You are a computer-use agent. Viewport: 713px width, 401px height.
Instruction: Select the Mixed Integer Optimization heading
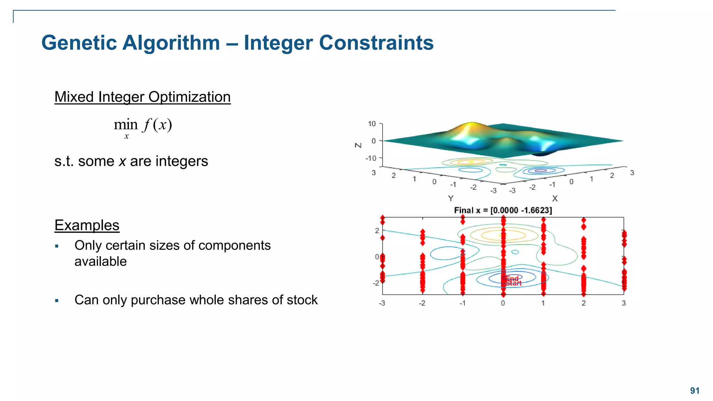142,97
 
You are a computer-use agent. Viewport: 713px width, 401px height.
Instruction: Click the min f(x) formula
143,125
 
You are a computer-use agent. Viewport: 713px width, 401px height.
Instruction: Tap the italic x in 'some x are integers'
122,162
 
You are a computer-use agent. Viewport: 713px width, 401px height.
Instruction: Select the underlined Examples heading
87,225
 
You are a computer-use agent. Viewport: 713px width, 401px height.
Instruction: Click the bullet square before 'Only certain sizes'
57,246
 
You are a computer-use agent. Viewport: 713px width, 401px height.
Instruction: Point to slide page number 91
695,391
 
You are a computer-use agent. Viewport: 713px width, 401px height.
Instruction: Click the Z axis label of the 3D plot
358,145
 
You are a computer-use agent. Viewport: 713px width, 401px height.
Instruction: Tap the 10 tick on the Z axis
372,124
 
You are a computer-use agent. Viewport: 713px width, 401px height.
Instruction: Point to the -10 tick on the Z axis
371,158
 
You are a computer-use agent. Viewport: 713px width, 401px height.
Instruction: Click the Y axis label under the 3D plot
450,198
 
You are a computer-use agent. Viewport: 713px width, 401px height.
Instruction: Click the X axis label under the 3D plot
555,198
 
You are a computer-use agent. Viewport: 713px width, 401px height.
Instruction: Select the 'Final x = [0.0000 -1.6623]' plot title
503,210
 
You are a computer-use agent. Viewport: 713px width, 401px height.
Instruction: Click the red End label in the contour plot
512,278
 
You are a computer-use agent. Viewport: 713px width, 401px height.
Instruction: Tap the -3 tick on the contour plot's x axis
382,303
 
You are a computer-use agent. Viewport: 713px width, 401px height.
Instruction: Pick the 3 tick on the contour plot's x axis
624,303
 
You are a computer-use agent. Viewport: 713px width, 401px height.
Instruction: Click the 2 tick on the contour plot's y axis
377,230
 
